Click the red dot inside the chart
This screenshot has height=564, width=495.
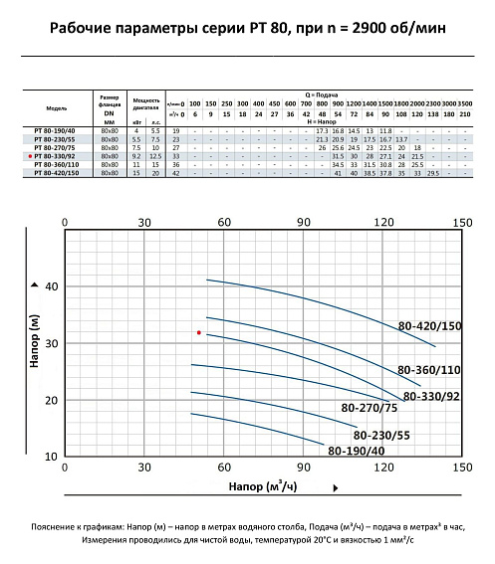[199, 332]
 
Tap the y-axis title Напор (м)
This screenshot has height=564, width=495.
[35, 344]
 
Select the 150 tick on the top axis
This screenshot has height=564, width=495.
[462, 223]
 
